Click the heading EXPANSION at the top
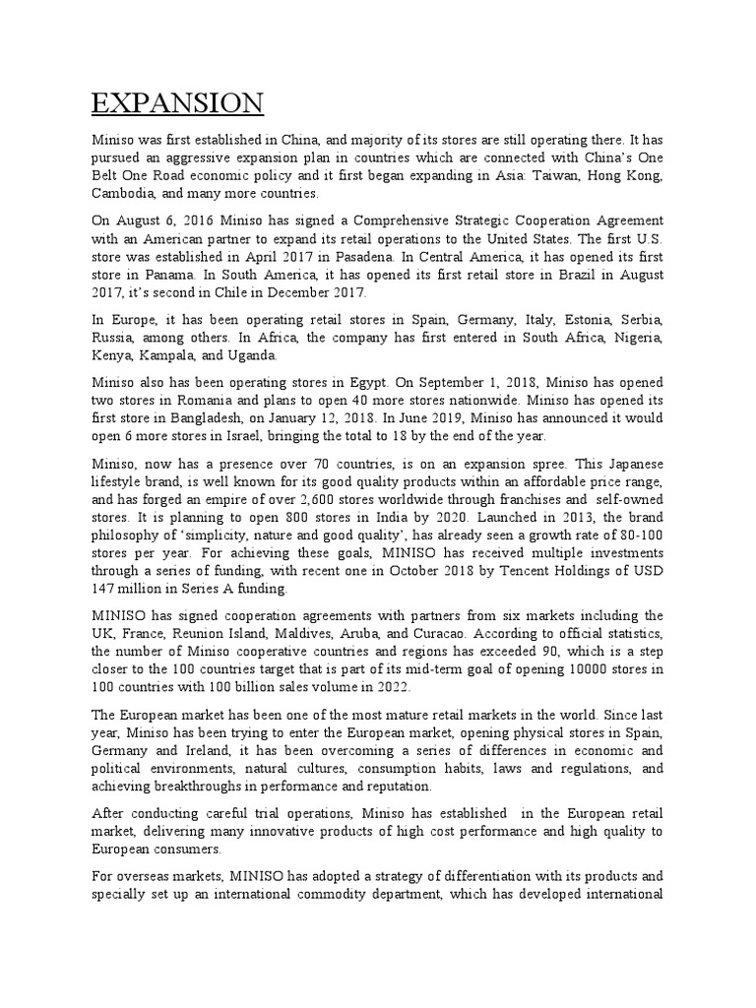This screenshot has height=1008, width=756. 177,103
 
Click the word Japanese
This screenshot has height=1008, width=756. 630,465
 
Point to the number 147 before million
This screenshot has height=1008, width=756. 104,590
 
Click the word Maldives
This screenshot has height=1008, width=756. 332,634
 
